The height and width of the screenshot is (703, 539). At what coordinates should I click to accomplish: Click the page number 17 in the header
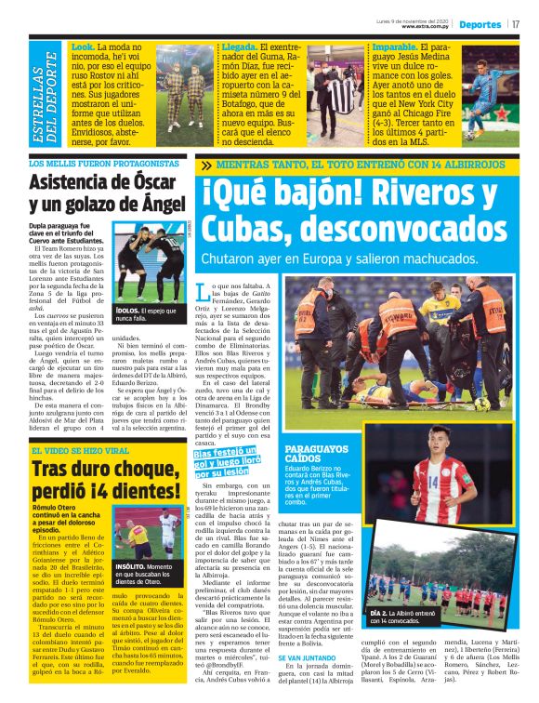tap(515, 24)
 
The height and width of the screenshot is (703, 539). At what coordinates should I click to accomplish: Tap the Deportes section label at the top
tap(479, 24)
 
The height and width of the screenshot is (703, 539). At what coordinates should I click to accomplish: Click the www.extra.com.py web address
tap(427, 26)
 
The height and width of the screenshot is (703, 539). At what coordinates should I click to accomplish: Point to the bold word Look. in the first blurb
tap(83, 46)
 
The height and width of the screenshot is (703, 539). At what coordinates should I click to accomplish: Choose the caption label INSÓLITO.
tap(130, 565)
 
